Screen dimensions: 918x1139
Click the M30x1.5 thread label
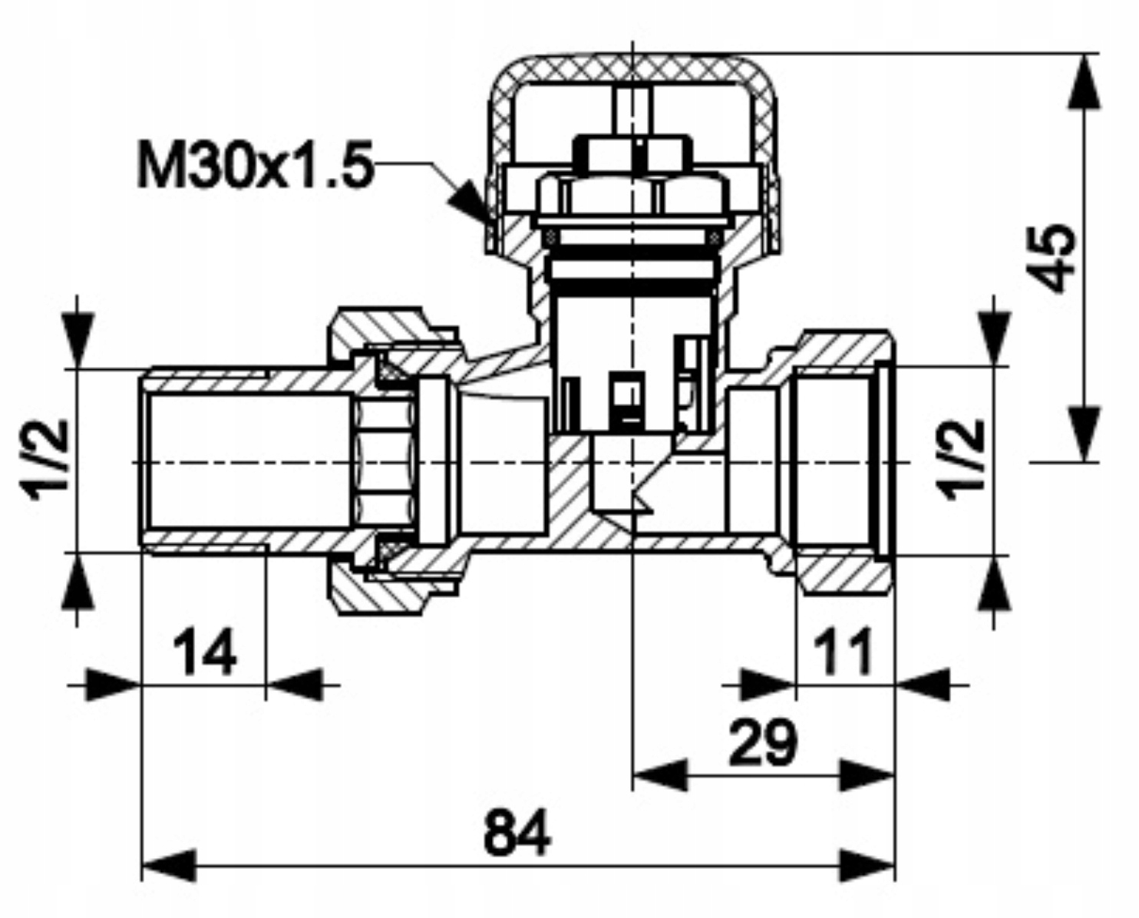(x=253, y=164)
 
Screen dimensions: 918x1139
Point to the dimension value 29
(x=762, y=743)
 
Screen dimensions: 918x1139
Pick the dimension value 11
(x=843, y=653)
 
